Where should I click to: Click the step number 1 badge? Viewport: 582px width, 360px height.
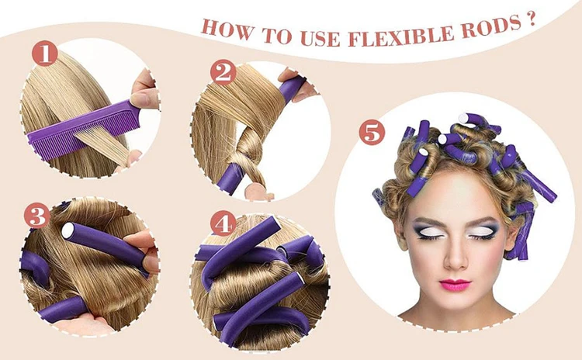pyautogui.click(x=44, y=54)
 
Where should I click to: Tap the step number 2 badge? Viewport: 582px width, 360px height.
pyautogui.click(x=223, y=73)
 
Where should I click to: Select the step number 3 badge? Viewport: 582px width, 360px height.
pyautogui.click(x=36, y=216)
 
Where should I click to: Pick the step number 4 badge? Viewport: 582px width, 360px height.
pyautogui.click(x=223, y=223)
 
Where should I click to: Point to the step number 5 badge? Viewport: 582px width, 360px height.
pyautogui.click(x=372, y=133)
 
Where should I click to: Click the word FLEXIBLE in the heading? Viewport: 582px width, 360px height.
pyautogui.click(x=402, y=36)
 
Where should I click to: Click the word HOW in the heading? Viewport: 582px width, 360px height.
pyautogui.click(x=227, y=29)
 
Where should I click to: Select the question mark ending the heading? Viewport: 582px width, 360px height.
pyautogui.click(x=531, y=19)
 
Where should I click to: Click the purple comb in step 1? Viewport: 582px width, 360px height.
pyautogui.click(x=84, y=127)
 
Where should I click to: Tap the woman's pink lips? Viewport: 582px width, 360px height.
pyautogui.click(x=455, y=285)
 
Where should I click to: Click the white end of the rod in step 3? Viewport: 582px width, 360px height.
pyautogui.click(x=68, y=231)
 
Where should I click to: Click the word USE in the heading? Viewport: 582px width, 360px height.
pyautogui.click(x=320, y=37)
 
